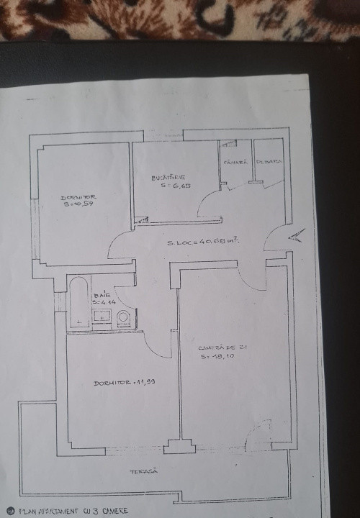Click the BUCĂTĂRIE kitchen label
169,177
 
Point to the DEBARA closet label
269,162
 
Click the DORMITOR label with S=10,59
78,197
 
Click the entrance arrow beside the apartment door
296,235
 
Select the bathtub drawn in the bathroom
78,302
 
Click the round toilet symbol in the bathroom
124,317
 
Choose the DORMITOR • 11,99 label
125,382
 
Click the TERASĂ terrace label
143,471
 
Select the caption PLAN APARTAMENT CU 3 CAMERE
69,512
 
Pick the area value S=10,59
79,204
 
